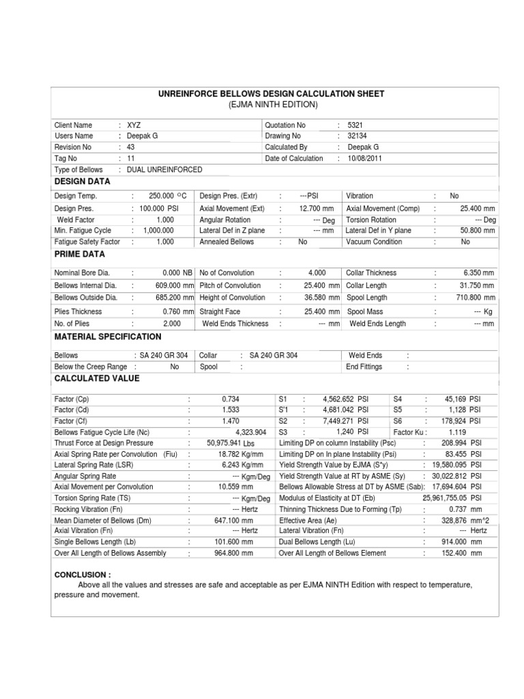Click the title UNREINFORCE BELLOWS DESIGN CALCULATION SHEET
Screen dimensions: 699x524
coord(272,94)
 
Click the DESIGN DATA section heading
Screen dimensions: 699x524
coord(82,182)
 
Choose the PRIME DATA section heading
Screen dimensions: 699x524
coord(79,254)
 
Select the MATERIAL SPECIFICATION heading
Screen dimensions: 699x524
coord(108,337)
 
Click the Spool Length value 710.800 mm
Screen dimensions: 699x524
coord(475,298)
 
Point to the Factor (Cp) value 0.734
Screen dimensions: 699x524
coord(231,399)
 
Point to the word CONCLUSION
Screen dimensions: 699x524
coord(82,575)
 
